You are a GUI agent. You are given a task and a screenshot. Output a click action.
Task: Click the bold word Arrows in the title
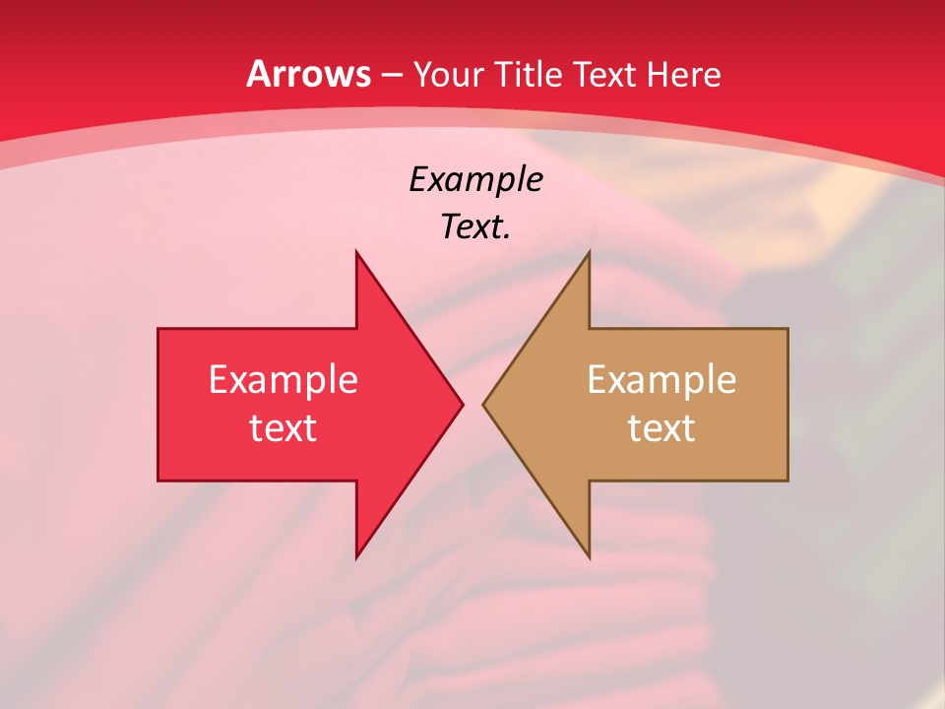pyautogui.click(x=308, y=74)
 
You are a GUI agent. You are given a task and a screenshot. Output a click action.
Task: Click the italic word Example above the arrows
pyautogui.click(x=475, y=180)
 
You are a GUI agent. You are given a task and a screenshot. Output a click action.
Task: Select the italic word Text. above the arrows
pyautogui.click(x=475, y=227)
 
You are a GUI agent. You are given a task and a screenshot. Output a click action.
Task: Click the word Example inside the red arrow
pyautogui.click(x=283, y=379)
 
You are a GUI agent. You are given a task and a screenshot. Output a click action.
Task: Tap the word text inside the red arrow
pyautogui.click(x=283, y=427)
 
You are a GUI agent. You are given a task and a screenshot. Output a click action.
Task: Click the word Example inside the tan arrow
pyautogui.click(x=661, y=379)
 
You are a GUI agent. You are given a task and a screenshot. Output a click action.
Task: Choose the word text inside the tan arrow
pyautogui.click(x=661, y=427)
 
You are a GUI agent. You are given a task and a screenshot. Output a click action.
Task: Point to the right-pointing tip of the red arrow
pyautogui.click(x=461, y=404)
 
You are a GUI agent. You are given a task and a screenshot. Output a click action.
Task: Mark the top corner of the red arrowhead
pyautogui.click(x=357, y=253)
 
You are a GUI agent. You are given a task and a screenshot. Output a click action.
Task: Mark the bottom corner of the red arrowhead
pyautogui.click(x=357, y=556)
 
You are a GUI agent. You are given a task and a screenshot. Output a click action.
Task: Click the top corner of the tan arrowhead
pyautogui.click(x=589, y=253)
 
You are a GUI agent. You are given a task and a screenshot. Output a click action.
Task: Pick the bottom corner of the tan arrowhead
pyautogui.click(x=589, y=556)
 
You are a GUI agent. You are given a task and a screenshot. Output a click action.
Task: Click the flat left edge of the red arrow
pyautogui.click(x=158, y=404)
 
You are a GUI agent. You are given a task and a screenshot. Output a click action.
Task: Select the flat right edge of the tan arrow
pyautogui.click(x=787, y=404)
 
